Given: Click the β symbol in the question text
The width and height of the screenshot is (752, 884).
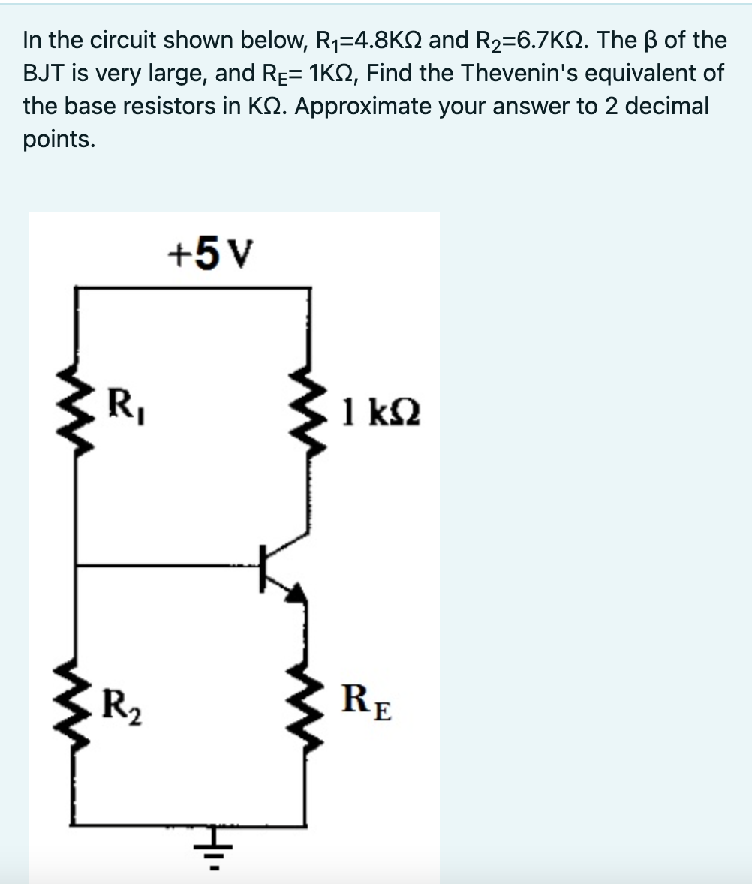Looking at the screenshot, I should (651, 40).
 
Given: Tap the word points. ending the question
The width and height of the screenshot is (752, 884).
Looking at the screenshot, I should (59, 140).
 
